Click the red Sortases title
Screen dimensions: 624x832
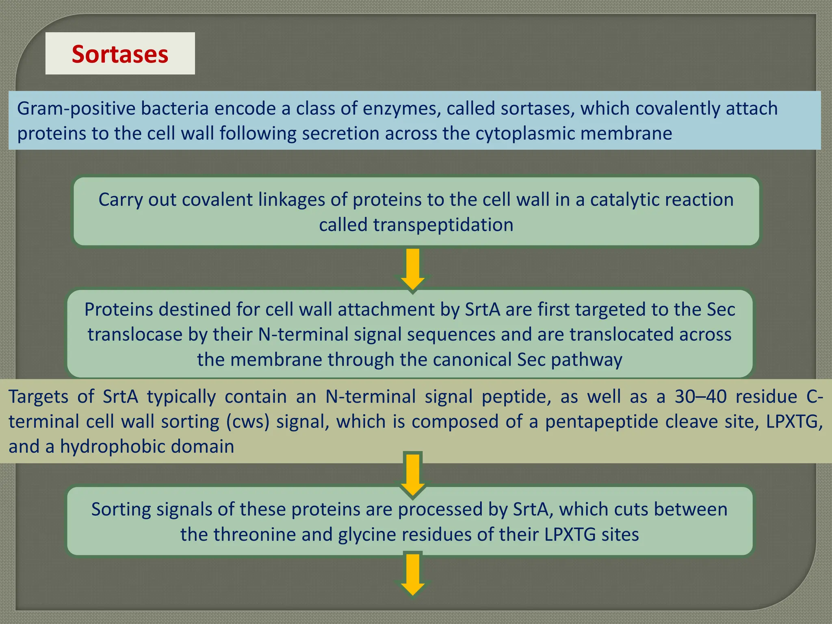point(120,54)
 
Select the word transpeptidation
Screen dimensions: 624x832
point(443,225)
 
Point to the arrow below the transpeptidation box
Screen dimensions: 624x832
point(413,269)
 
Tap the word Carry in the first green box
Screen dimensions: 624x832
point(120,200)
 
